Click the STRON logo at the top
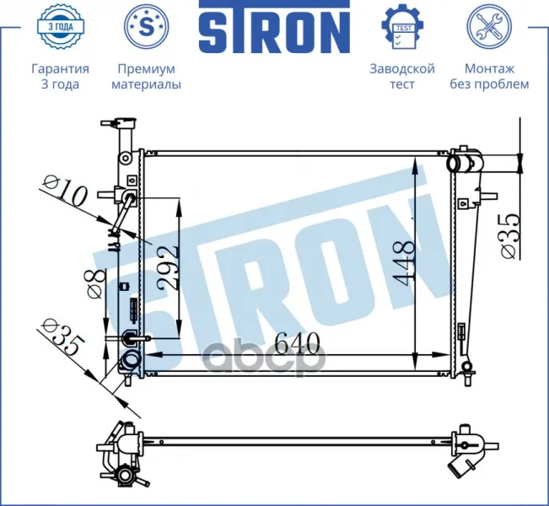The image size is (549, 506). point(275,27)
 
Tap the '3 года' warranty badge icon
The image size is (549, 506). point(60,26)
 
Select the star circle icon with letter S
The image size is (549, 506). point(147,26)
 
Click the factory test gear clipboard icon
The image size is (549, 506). point(402,26)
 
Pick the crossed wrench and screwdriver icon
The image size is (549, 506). point(489,26)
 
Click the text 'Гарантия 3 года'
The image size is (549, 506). point(60,77)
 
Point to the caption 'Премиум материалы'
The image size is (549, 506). point(147,77)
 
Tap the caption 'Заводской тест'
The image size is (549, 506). point(402,77)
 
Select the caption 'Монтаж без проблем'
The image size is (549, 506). point(489,77)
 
